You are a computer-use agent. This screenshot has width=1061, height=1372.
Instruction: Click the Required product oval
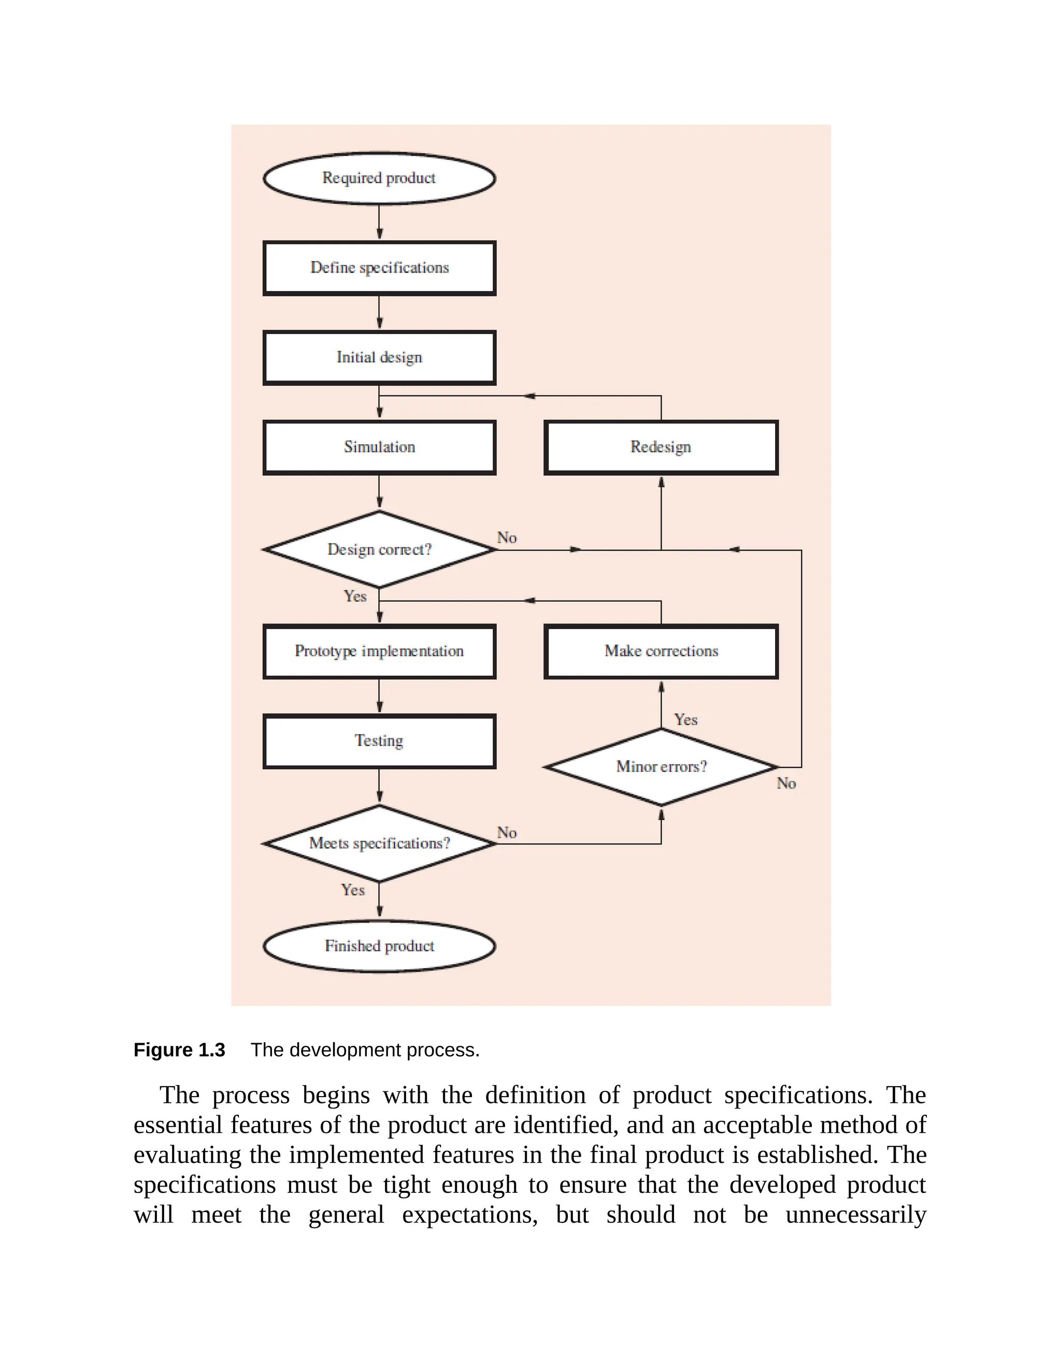pyautogui.click(x=379, y=179)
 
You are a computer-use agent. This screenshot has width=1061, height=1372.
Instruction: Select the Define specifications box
pyautogui.click(x=379, y=268)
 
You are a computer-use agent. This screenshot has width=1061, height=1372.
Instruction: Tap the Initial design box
pyautogui.click(x=379, y=357)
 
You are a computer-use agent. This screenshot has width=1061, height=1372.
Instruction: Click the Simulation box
pyautogui.click(x=379, y=447)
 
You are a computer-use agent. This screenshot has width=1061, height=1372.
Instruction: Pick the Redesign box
pyautogui.click(x=661, y=447)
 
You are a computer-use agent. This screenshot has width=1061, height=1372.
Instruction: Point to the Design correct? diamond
pyautogui.click(x=379, y=550)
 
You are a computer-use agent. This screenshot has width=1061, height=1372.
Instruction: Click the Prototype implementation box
pyautogui.click(x=379, y=651)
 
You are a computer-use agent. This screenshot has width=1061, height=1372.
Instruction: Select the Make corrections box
pyautogui.click(x=661, y=651)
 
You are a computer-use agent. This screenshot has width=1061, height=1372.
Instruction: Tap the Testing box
pyautogui.click(x=379, y=741)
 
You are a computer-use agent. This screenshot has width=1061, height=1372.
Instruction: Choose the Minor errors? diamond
pyautogui.click(x=661, y=767)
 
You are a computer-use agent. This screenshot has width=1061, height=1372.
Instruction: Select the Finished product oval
pyautogui.click(x=379, y=946)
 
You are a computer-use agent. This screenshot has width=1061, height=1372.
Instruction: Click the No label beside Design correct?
pyautogui.click(x=507, y=538)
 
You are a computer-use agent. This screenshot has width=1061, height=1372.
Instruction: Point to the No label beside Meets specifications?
pyautogui.click(x=507, y=833)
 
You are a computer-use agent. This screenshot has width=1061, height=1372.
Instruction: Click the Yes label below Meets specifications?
pyautogui.click(x=353, y=890)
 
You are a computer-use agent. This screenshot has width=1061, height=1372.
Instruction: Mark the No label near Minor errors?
pyautogui.click(x=786, y=783)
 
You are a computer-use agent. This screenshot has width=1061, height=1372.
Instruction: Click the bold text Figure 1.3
pyautogui.click(x=179, y=1050)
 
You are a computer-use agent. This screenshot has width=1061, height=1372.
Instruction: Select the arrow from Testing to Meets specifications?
pyautogui.click(x=379, y=786)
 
